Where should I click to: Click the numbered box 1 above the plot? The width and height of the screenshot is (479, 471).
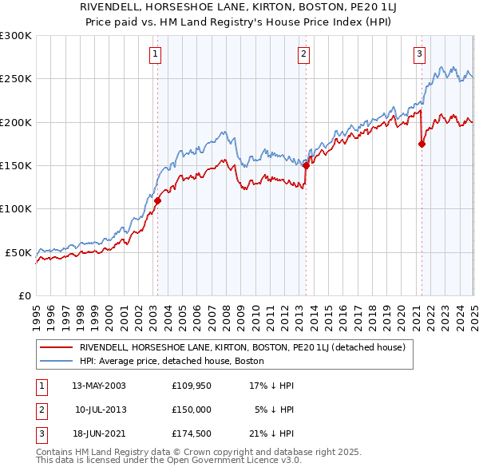154,54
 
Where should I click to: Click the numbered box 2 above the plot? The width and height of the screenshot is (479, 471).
304,54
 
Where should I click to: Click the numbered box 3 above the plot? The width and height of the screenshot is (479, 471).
419,54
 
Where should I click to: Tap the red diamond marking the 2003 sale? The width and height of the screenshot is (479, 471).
157,201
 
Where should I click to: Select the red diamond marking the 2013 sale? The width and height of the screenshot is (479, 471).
306,167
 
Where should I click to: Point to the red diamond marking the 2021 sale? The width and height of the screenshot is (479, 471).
422,144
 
